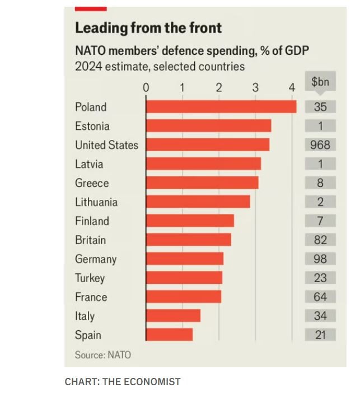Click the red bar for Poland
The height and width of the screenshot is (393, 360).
pos(221,107)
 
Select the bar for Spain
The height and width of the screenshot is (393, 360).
pos(169,335)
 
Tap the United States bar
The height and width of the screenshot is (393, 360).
pos(208,145)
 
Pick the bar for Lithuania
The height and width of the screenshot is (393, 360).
pos(198,202)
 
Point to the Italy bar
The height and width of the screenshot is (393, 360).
pos(173,316)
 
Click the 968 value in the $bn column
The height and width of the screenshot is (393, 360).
pos(320,145)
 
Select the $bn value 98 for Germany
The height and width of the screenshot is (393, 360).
pos(320,259)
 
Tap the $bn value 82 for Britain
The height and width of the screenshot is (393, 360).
pos(320,240)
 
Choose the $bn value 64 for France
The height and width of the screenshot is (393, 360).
pos(320,297)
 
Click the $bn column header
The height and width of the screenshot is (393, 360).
pos(320,82)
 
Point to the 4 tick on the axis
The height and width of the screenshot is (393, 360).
pos(292,87)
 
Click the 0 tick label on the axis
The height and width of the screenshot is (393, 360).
pos(146,87)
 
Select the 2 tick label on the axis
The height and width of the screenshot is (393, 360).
pos(219,87)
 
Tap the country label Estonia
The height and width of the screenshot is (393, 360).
pos(92,126)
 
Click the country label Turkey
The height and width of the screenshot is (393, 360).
pos(90,278)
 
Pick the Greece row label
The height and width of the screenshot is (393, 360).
pos(92,183)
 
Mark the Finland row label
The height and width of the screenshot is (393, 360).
pos(92,221)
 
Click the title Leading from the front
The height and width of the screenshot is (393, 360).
pos(148,28)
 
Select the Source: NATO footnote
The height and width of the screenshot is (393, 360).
pos(103,355)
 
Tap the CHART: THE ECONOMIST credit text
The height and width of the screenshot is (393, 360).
pos(123,382)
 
